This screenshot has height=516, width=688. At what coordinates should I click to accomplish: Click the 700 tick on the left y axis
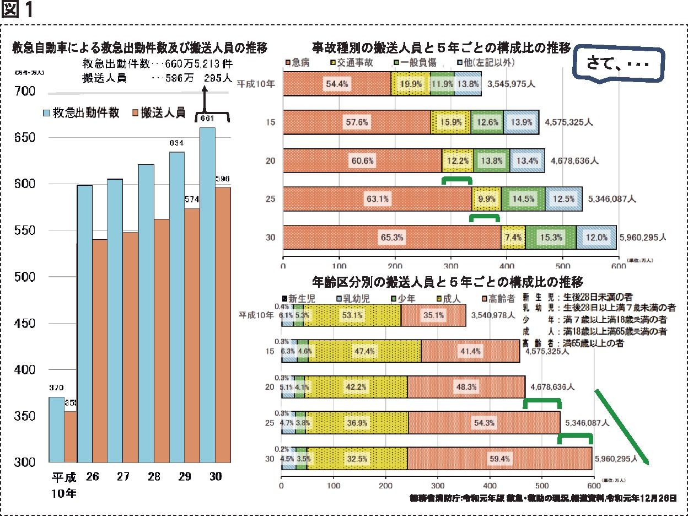click(25, 91)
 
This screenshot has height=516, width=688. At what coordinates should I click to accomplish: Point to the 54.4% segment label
click(336, 84)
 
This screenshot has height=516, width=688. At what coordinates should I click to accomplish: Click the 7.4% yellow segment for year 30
click(513, 238)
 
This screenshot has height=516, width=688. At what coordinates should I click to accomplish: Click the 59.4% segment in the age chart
click(501, 458)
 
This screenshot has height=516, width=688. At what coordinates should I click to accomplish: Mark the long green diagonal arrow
click(622, 428)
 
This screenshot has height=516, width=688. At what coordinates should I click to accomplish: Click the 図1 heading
click(18, 11)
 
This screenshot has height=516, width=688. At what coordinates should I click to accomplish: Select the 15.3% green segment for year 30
click(551, 238)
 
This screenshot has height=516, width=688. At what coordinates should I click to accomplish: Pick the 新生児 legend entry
click(301, 298)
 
